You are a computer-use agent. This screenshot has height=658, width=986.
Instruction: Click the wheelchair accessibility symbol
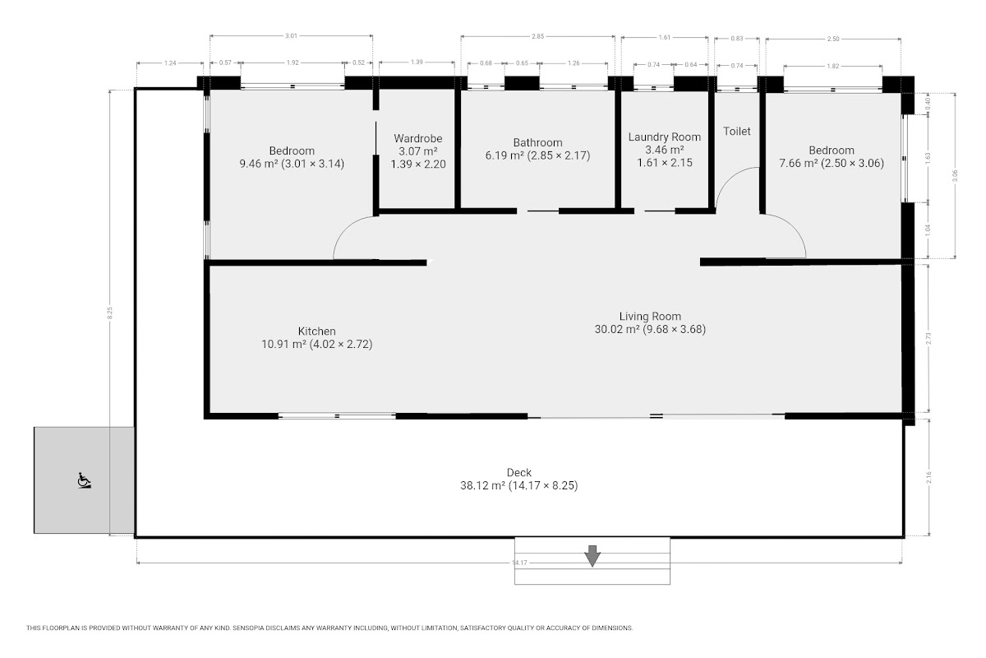point(84,480)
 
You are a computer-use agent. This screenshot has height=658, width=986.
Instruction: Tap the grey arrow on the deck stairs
point(592,556)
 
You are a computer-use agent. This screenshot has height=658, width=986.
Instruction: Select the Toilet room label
point(737,131)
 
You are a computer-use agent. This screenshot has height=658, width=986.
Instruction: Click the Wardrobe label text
point(418,138)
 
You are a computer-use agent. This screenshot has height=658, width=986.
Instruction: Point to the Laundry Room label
point(665,137)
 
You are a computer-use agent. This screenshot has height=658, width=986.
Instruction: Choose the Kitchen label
point(317,331)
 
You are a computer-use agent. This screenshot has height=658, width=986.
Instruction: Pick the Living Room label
point(650,316)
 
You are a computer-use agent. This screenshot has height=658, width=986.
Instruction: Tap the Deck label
point(519,472)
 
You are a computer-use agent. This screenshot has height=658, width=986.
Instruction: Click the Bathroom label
point(538,142)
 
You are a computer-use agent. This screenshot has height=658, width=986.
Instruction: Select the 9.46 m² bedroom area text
point(258,164)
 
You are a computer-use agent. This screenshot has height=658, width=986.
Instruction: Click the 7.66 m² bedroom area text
point(799,163)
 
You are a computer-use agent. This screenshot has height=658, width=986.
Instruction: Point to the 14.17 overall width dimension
point(520,563)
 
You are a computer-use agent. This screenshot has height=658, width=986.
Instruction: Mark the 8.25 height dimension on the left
point(110,313)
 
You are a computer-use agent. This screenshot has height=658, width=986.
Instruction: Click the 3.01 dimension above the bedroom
point(292,35)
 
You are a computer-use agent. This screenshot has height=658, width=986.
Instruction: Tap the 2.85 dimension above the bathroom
point(538,36)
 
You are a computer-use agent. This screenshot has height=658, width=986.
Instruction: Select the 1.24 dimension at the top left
point(170,63)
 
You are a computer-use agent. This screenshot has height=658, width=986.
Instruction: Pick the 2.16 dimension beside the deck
point(928,477)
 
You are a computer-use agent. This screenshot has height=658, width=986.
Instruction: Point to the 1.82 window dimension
point(833,66)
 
